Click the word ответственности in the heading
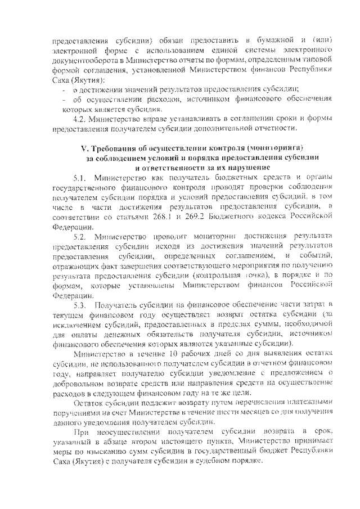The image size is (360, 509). [169, 167]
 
